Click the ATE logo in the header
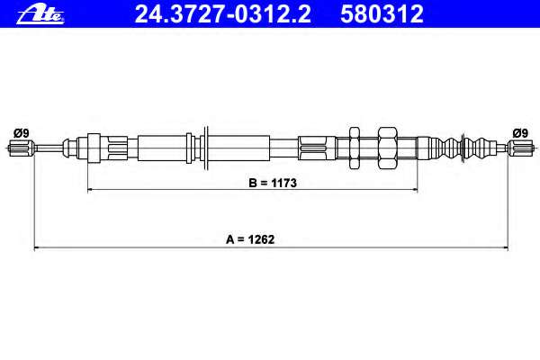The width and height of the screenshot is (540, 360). click(40, 15)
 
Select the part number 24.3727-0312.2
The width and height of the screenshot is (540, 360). click(223, 13)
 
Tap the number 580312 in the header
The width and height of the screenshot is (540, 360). click(382, 13)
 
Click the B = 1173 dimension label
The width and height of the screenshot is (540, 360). click(273, 183)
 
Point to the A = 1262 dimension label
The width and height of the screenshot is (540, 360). click(250, 239)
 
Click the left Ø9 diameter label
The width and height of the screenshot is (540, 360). click(21, 133)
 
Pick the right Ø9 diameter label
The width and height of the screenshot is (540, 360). click(520, 133)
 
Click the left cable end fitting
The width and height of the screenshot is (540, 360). click(21, 148)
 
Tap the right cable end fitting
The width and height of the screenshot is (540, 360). click(521, 148)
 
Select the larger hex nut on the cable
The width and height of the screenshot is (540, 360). click(388, 148)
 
